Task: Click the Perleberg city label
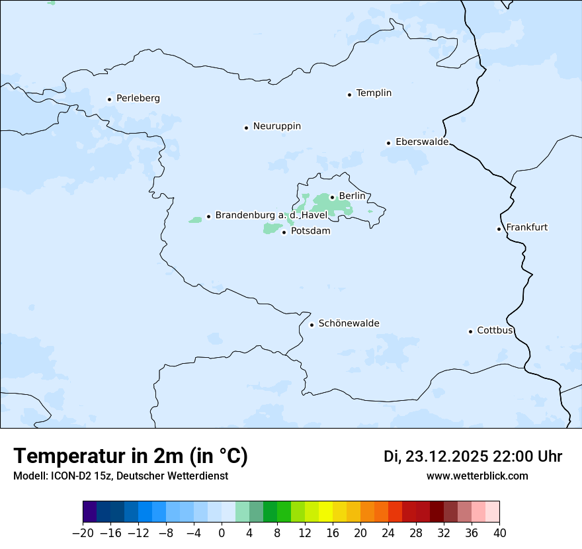[x=138, y=99]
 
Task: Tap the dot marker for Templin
[x=349, y=95]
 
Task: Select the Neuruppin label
[x=276, y=126]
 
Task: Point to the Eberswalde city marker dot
[x=388, y=143]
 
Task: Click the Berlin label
[x=351, y=196]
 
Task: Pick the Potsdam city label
[x=310, y=231]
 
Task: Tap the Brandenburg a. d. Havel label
[x=270, y=215]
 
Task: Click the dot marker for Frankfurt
[x=499, y=229]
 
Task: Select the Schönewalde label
[x=349, y=323]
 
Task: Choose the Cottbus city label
[x=495, y=330]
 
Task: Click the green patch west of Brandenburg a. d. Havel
[x=195, y=220]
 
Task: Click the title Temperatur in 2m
[x=130, y=456]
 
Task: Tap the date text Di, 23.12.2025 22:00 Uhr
[x=473, y=456]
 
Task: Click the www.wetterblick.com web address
[x=477, y=476]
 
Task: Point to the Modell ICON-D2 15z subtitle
[x=120, y=476]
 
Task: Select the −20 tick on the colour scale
[x=83, y=533]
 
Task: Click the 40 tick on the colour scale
[x=499, y=533]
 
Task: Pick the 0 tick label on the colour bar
[x=222, y=533]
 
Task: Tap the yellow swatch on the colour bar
[x=325, y=512]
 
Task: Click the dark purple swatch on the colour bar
[x=90, y=512]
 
